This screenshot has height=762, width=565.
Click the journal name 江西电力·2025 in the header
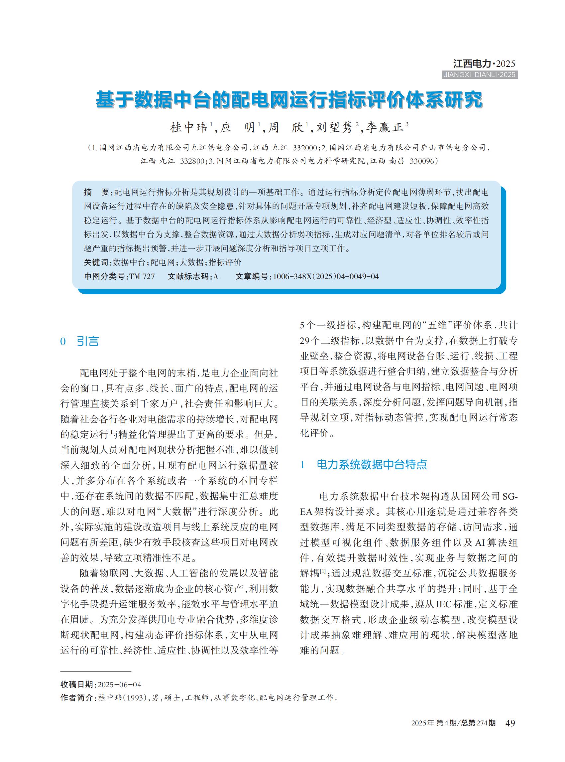484,64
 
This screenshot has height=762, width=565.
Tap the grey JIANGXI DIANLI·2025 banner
480,75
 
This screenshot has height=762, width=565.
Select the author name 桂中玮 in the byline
189,128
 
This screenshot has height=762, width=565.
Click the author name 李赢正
385,128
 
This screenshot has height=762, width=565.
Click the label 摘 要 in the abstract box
96,192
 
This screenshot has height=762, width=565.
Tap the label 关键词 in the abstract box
96,262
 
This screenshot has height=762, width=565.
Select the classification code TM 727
142,277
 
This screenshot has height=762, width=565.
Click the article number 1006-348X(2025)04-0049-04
326,277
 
